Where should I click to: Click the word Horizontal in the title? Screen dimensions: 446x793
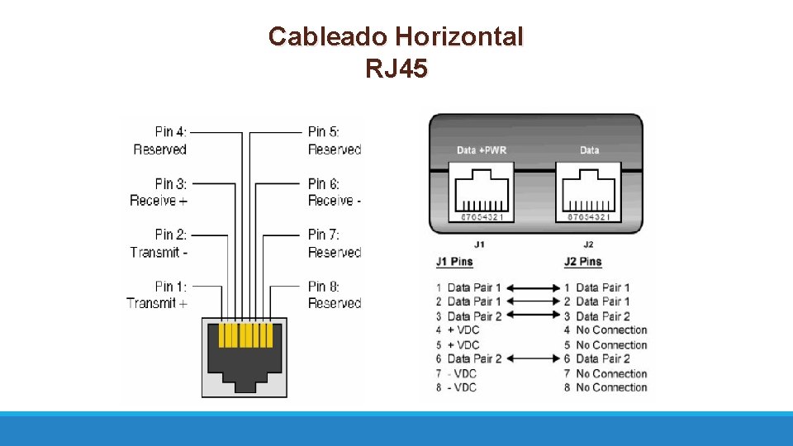point(458,37)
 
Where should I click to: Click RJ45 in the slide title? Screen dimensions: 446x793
point(396,69)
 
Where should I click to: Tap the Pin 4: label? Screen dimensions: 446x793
point(170,132)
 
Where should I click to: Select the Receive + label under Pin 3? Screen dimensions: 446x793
point(159,201)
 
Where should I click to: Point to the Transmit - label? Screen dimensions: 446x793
point(159,252)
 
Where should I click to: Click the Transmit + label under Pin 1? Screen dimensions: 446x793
point(157,303)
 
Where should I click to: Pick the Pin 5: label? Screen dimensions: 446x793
point(324,132)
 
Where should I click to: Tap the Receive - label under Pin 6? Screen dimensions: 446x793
point(335,201)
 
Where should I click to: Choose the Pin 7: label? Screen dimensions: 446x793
point(324,235)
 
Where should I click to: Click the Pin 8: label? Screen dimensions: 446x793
point(324,287)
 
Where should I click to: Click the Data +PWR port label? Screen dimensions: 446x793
point(481,150)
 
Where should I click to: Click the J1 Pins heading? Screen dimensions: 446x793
point(454,262)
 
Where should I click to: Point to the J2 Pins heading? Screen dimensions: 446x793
point(582,262)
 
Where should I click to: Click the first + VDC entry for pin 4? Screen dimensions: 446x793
point(463,330)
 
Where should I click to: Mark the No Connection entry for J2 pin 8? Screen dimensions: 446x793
point(611,387)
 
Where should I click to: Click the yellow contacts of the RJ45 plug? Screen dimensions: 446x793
point(245,335)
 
